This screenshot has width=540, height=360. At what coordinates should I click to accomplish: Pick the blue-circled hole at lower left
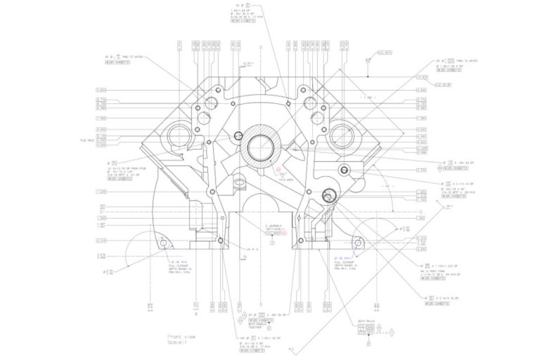(163, 241)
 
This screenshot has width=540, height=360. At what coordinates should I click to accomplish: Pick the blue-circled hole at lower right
(359, 243)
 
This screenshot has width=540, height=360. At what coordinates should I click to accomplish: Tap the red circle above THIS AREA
(277, 169)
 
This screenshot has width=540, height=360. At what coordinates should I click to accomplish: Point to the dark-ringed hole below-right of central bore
(328, 195)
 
